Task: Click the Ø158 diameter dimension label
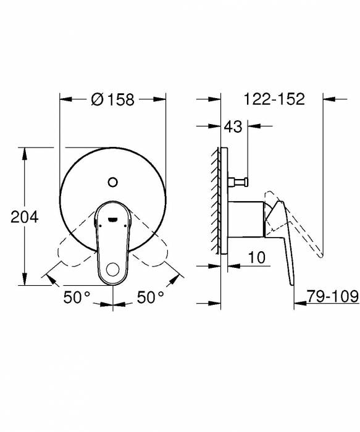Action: (x=113, y=99)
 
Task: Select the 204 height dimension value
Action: (x=25, y=217)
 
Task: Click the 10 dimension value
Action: (x=257, y=256)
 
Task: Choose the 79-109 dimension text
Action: (x=334, y=297)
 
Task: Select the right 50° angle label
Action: (x=150, y=297)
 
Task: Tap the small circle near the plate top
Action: (x=112, y=181)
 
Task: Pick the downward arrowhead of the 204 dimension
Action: (x=25, y=281)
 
